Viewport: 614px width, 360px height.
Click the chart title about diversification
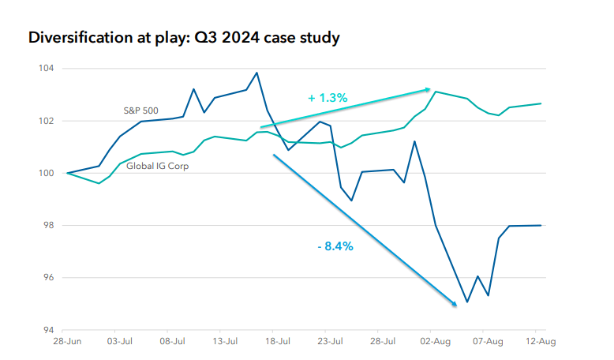pyautogui.click(x=184, y=37)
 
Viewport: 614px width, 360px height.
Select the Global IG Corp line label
pyautogui.click(x=158, y=166)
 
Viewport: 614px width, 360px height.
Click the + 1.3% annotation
pyautogui.click(x=328, y=98)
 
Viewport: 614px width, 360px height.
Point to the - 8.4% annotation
pyautogui.click(x=335, y=246)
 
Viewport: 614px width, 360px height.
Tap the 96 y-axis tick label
pyautogui.click(x=48, y=278)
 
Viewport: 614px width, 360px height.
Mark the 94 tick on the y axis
pyautogui.click(x=48, y=330)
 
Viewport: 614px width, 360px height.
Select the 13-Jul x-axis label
pyautogui.click(x=226, y=343)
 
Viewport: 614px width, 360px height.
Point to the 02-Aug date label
pyautogui.click(x=435, y=343)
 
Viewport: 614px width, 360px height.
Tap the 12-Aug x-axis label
pyautogui.click(x=540, y=343)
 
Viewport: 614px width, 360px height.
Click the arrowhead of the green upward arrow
pyautogui.click(x=429, y=89)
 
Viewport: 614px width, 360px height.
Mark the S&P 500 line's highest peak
pyautogui.click(x=257, y=73)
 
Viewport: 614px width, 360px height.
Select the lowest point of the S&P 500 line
pyautogui.click(x=467, y=302)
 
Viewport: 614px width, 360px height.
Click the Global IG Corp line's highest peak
pyautogui.click(x=436, y=92)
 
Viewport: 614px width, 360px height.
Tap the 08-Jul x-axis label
pyautogui.click(x=173, y=343)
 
